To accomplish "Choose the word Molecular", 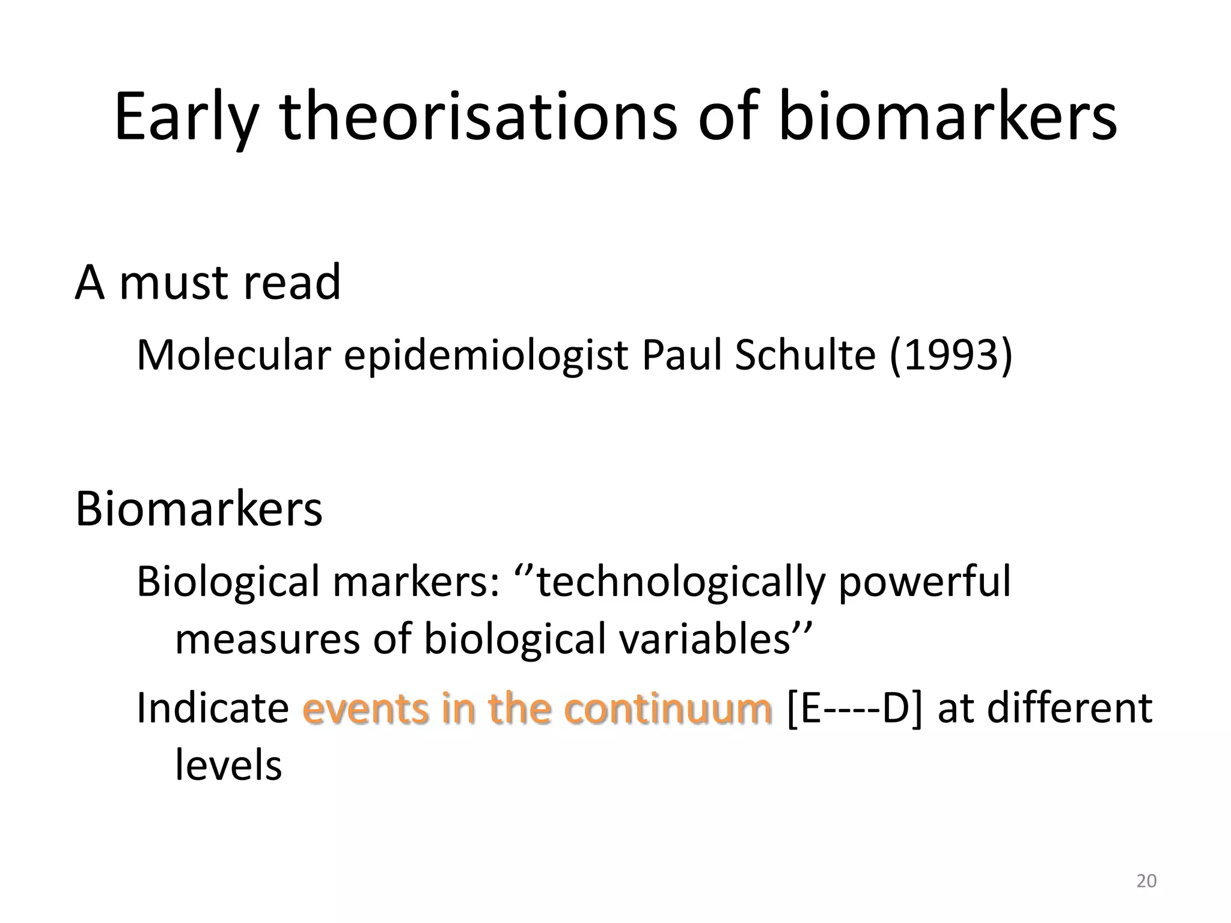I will click(234, 355).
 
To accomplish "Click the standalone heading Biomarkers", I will click(198, 509).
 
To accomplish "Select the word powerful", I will click(925, 583).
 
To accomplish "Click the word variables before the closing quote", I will click(704, 638).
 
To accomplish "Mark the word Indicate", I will click(213, 707).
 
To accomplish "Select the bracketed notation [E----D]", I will click(854, 708).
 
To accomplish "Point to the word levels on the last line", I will click(228, 764).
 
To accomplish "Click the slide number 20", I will click(1146, 881).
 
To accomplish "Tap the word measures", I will click(267, 639).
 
